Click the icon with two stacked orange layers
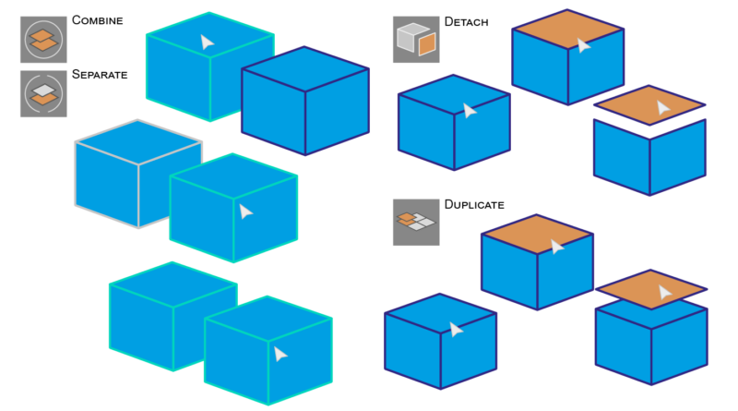[43, 39]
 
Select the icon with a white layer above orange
[43, 93]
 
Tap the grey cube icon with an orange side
[416, 40]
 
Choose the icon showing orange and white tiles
[416, 222]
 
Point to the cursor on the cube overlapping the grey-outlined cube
[245, 212]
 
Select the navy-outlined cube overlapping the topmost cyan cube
[305, 102]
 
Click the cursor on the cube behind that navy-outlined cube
[207, 42]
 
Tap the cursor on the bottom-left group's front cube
[280, 354]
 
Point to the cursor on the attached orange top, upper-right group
[583, 45]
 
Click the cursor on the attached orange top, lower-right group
[556, 247]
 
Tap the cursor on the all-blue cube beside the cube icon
[470, 111]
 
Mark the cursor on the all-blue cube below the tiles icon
[456, 330]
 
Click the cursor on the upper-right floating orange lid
[662, 108]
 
